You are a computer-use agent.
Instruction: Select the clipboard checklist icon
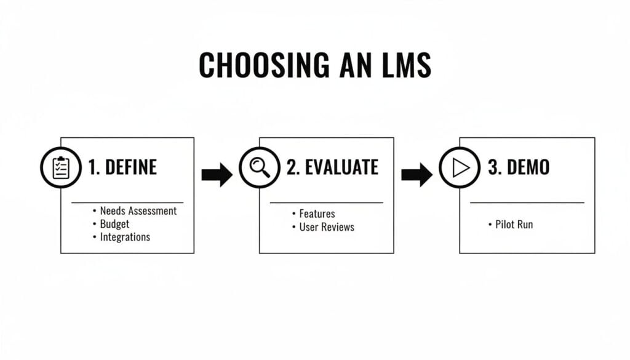[x=61, y=167]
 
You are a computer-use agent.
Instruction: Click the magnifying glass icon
[x=260, y=167]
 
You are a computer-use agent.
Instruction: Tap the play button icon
[x=460, y=167]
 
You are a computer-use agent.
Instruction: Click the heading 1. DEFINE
[x=122, y=167]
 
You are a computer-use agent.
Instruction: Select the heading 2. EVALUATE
[x=332, y=167]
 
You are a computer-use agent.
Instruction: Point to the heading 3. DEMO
[x=519, y=167]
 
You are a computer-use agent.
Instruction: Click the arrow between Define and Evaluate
[x=217, y=175]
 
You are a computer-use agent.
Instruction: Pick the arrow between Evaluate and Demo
[x=417, y=175]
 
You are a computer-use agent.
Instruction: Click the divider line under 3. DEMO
[x=527, y=202]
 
